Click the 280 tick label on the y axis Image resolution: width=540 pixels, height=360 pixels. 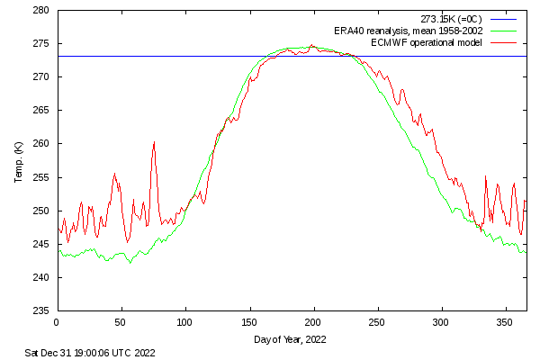tap(41, 11)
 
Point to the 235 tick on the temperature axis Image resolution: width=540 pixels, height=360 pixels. tap(41, 310)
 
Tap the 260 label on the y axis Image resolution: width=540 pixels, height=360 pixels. tap(41, 144)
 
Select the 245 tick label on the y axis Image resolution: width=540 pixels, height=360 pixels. tap(41, 244)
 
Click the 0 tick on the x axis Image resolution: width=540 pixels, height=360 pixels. tap(57, 321)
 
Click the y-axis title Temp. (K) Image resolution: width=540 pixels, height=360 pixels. tap(18, 160)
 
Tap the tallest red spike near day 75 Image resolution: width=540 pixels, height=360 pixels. tap(154, 142)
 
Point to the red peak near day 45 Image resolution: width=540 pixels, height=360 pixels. tap(114, 174)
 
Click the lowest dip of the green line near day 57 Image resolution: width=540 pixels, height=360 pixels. tap(130, 263)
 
